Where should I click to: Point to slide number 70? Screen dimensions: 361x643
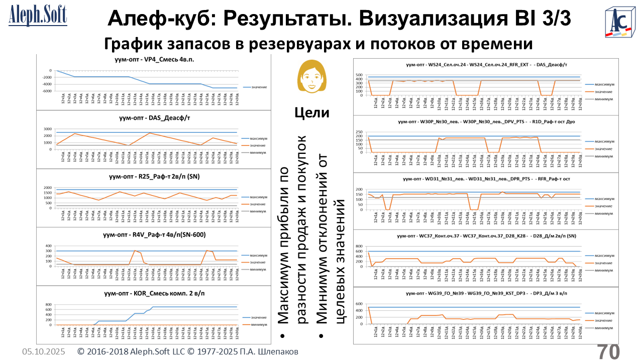coord(608,351)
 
